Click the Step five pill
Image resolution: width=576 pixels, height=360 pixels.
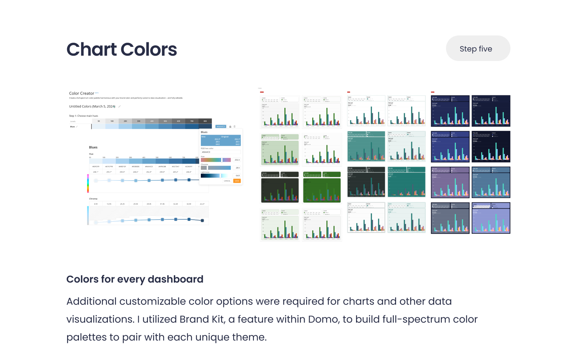(478, 48)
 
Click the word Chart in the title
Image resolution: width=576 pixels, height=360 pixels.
(91, 50)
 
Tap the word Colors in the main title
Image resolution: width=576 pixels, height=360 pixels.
(149, 50)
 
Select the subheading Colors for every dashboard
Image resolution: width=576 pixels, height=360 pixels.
(135, 279)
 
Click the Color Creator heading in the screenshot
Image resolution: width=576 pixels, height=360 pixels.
(82, 93)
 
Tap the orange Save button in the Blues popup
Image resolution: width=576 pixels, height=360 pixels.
(237, 181)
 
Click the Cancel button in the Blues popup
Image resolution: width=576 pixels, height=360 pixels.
(227, 181)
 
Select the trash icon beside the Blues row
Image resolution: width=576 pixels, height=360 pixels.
(235, 127)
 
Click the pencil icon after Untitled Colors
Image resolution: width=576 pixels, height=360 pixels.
(120, 106)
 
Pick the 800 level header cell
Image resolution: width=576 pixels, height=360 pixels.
(205, 121)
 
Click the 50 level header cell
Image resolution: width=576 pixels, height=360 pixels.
(99, 121)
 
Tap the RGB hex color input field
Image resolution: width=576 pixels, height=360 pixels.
(220, 152)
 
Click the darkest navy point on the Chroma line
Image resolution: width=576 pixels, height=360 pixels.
(202, 220)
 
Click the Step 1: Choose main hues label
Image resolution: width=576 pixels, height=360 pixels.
(83, 116)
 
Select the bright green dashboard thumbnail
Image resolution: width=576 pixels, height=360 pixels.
(322, 187)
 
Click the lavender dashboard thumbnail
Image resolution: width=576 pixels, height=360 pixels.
(491, 218)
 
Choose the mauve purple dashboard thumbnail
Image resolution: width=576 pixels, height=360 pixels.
(450, 182)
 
